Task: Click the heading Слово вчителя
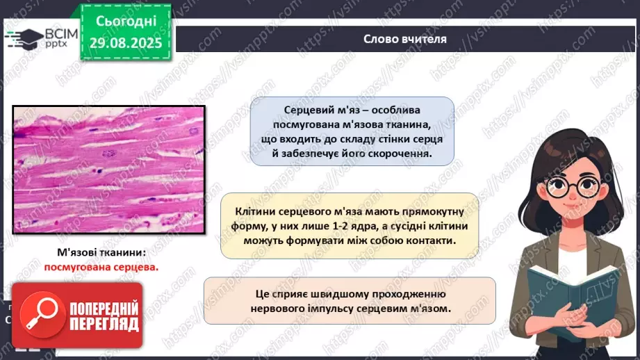405,39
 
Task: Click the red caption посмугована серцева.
101,266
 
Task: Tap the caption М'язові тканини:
101,253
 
